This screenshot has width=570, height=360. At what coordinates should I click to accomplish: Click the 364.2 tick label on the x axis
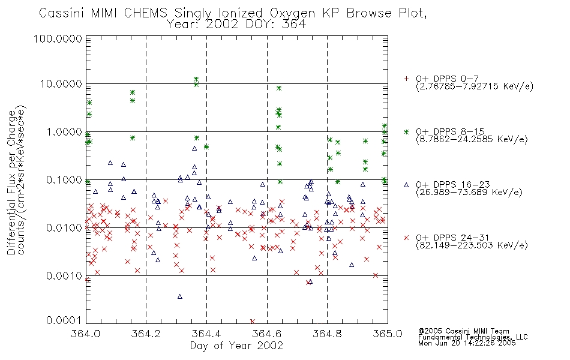tap(146, 334)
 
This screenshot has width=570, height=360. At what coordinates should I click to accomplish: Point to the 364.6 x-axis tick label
tap(267, 334)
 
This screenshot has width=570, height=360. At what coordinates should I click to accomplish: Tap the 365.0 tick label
tap(388, 334)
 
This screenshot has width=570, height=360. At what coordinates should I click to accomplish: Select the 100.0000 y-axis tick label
tap(58, 38)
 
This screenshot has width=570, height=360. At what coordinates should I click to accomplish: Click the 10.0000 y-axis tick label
tap(61, 84)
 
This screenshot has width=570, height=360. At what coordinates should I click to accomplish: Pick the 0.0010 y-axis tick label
tap(64, 276)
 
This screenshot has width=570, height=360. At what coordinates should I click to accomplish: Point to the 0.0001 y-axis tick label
tap(64, 320)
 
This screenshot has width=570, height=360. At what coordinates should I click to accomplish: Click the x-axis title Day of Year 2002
tap(236, 346)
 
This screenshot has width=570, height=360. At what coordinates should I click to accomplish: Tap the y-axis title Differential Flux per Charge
tap(11, 182)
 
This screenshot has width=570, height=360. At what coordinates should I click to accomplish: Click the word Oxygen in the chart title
tap(293, 13)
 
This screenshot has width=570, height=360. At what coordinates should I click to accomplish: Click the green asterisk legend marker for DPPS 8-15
tap(406, 131)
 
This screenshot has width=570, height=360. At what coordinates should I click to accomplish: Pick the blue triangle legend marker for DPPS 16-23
tap(406, 185)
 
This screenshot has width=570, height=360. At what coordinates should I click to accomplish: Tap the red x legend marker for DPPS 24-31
tap(406, 238)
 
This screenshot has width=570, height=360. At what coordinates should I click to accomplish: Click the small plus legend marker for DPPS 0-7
tap(406, 79)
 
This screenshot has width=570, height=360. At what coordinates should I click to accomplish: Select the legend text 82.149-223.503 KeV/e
tap(472, 245)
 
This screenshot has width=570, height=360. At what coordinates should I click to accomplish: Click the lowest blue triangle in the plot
tap(179, 297)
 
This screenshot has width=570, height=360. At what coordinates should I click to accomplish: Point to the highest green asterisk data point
tap(196, 79)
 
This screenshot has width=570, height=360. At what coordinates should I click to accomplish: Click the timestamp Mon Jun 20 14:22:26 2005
tap(467, 343)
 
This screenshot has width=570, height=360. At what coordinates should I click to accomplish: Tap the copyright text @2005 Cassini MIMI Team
tap(463, 331)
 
